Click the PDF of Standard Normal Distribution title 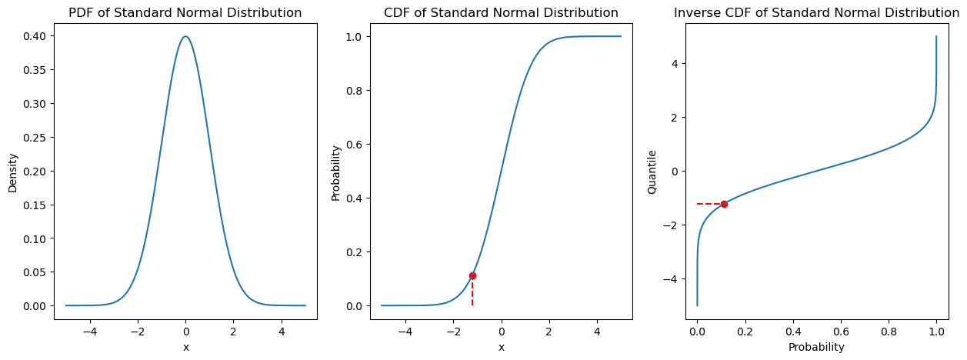point(185,13)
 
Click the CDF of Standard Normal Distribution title point(501,13)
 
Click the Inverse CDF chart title point(816,13)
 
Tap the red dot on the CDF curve point(472,275)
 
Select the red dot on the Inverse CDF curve point(724,204)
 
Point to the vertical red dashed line point(472,292)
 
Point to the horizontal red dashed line point(710,204)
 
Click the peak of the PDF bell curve point(185,36)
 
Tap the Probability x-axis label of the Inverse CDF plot point(816,347)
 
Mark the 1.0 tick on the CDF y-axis point(356,36)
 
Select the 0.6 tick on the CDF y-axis point(356,144)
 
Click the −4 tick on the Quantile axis point(675,278)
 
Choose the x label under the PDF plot point(185,347)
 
